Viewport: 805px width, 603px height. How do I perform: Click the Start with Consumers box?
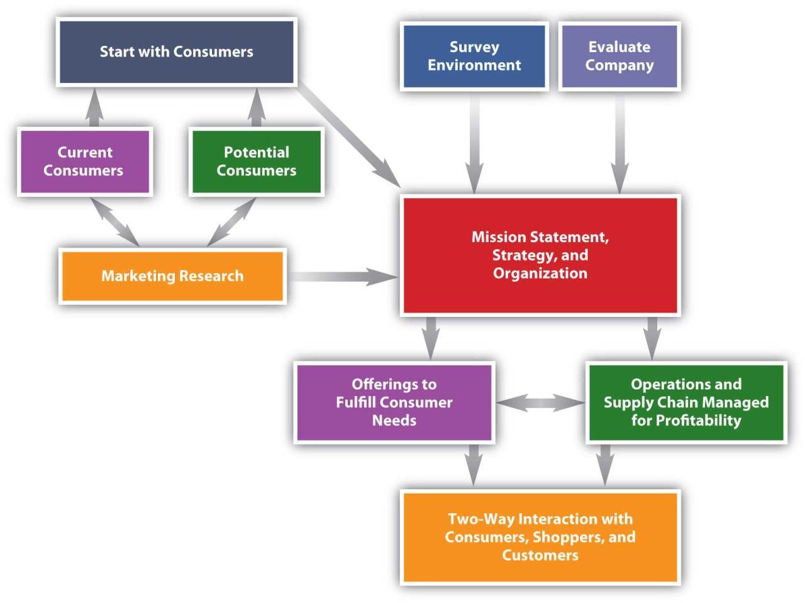coord(176,52)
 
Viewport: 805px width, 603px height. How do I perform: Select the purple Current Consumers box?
coord(84,162)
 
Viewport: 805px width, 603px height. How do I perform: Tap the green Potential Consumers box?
coord(256,162)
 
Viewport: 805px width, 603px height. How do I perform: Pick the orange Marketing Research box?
coord(172,276)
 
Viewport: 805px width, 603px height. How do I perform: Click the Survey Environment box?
coord(474,57)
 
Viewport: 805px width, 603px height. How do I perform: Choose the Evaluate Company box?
coord(619,57)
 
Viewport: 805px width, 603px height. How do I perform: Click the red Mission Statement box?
coord(540,255)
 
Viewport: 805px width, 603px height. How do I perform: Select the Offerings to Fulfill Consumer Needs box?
coord(394,402)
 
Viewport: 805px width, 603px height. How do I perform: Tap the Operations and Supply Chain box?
coord(686,402)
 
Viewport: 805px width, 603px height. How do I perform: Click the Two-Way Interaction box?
coord(540,537)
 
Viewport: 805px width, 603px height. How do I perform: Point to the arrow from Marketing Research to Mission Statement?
coord(343,277)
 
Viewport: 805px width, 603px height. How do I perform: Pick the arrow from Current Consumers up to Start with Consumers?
coord(94,108)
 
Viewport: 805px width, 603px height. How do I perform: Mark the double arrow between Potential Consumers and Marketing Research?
coord(231,223)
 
